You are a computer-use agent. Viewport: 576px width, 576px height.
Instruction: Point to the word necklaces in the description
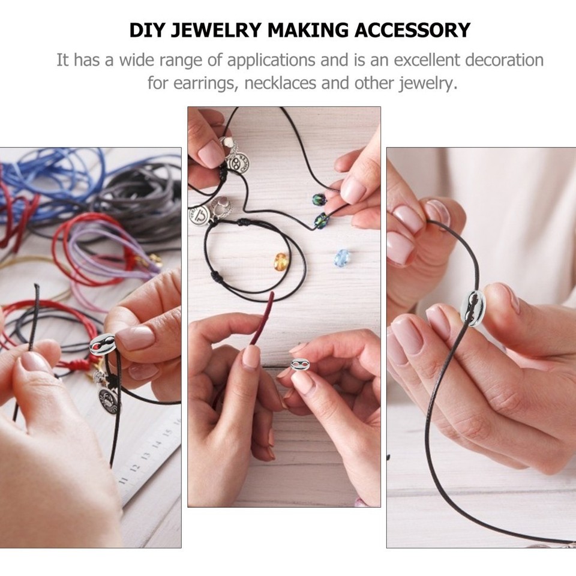point(281,83)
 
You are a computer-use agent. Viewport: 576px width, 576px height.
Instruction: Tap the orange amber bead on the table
point(281,261)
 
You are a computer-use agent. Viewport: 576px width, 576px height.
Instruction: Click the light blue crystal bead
point(342,258)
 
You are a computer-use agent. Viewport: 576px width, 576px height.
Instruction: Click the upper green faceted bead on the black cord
point(317,200)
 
